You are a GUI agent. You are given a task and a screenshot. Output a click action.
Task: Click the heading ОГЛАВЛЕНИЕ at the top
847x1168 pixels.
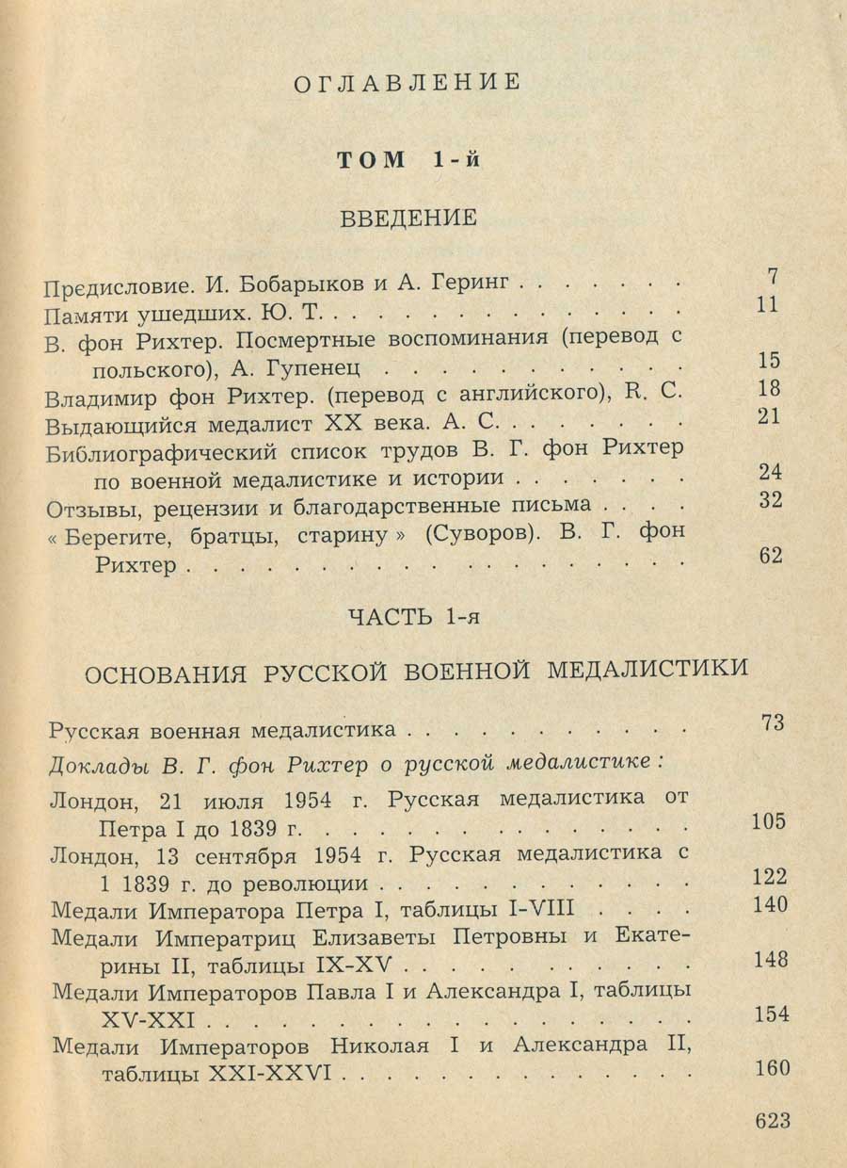[x=407, y=82]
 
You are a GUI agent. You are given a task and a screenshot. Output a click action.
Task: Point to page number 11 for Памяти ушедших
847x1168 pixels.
[x=769, y=305]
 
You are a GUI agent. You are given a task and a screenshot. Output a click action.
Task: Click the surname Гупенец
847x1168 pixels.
[x=309, y=364]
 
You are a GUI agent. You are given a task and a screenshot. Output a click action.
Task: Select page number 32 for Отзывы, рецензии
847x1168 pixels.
[x=770, y=500]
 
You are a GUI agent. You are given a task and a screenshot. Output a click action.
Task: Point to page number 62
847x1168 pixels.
[x=770, y=556]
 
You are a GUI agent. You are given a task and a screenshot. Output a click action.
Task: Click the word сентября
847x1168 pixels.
[x=247, y=856]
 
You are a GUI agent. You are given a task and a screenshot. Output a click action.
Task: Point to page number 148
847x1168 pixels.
[x=770, y=960]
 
